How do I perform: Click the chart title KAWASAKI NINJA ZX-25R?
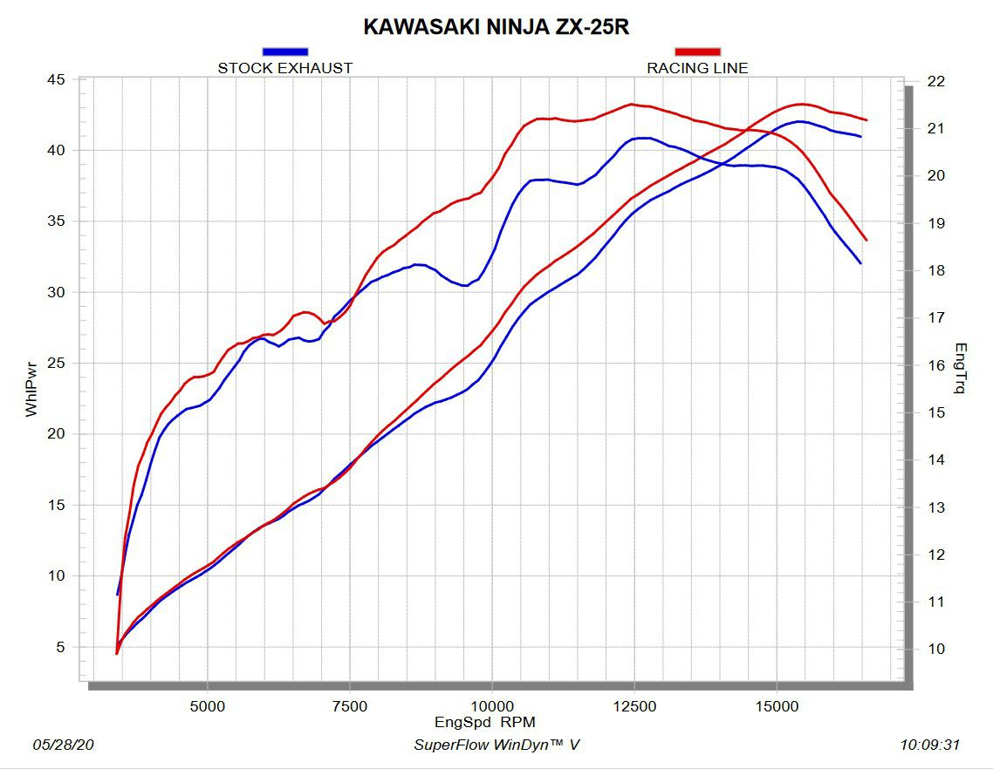496,27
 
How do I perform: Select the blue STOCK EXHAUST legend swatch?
284,52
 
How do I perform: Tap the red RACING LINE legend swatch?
697,52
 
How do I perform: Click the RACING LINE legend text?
697,68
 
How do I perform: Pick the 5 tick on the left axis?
59,647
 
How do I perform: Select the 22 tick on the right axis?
936,81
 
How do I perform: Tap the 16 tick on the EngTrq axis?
936,365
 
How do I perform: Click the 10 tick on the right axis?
936,649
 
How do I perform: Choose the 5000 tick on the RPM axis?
207,706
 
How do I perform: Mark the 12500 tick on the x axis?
635,706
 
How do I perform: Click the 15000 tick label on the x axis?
777,706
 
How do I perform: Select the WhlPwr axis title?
31,390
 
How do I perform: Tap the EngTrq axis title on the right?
961,368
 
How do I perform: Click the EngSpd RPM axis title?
485,722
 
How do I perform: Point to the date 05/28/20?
64,745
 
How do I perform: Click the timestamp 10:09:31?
930,745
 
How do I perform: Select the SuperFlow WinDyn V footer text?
496,745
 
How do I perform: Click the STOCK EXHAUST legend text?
284,68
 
